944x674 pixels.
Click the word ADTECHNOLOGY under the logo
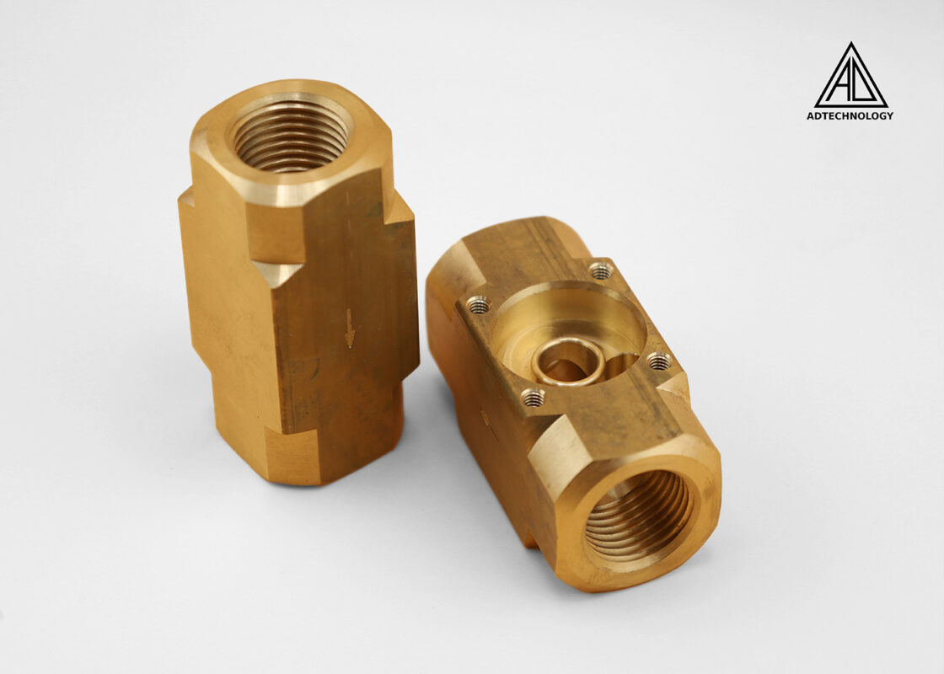(x=850, y=115)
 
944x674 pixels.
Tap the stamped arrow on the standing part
(x=349, y=328)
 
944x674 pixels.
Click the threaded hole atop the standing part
(x=290, y=136)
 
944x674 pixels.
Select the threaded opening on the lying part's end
(x=637, y=516)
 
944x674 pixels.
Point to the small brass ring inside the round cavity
(x=568, y=361)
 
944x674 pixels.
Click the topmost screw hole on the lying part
(x=601, y=270)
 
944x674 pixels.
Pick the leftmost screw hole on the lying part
(x=478, y=305)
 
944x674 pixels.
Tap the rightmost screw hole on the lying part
(x=660, y=361)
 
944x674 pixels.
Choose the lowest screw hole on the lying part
(x=533, y=397)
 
